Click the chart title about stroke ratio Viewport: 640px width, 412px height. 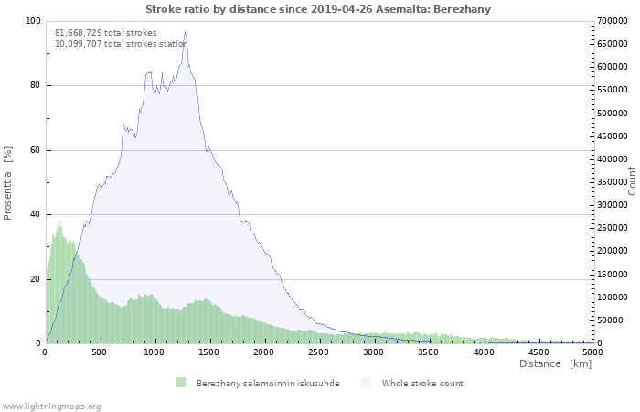318,9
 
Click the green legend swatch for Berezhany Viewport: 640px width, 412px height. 180,383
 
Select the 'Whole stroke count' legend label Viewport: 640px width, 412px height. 422,383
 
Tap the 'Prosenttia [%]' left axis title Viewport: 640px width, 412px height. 8,182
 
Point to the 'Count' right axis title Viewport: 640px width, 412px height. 632,180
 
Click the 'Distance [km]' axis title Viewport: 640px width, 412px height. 555,363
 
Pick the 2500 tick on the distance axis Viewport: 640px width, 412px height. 319,351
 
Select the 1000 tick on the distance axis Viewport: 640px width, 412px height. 155,351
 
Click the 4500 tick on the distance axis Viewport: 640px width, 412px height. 539,351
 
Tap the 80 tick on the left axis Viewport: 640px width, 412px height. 35,86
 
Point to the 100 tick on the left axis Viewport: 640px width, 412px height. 33,21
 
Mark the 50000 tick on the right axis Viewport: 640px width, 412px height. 612,320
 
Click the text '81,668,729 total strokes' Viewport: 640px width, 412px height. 106,33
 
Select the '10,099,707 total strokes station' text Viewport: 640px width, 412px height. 122,43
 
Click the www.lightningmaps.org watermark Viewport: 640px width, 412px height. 51,406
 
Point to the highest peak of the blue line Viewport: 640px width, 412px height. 185,33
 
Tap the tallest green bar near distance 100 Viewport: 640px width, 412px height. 59,222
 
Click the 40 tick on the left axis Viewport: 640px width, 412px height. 35,215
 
